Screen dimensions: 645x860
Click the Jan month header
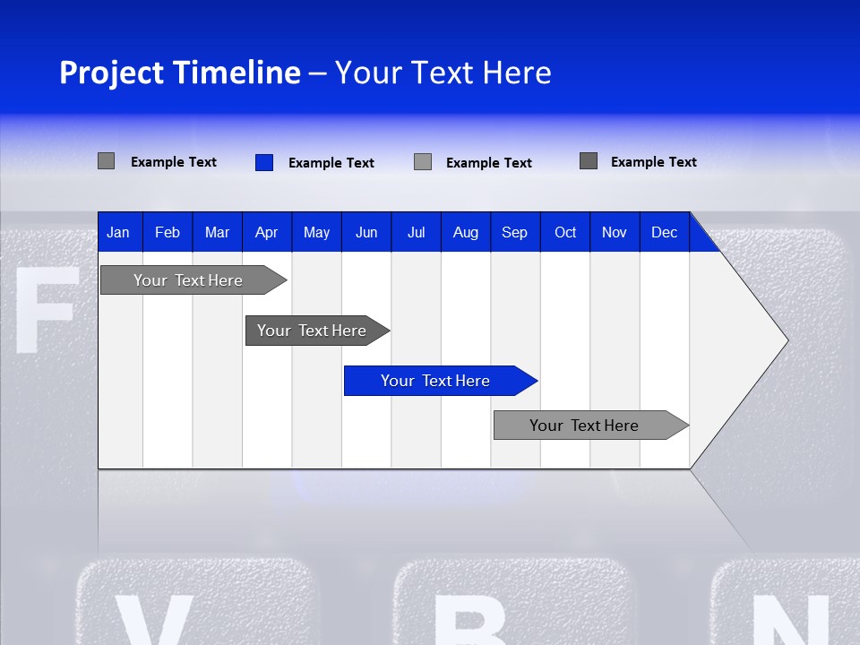pos(119,232)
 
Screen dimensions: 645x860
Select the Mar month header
pos(217,232)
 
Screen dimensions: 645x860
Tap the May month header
pos(316,232)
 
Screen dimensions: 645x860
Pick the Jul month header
pos(416,232)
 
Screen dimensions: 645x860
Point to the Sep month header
pos(514,232)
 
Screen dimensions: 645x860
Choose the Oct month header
pos(565,232)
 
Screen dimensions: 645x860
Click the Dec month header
pos(664,232)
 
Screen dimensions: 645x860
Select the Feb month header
pos(168,232)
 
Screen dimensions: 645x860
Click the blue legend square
pos(264,162)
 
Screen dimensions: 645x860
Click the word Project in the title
pos(112,73)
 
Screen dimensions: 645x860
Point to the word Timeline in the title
pos(236,73)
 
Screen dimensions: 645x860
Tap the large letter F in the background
pos(45,309)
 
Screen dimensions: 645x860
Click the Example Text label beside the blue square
pos(331,163)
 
